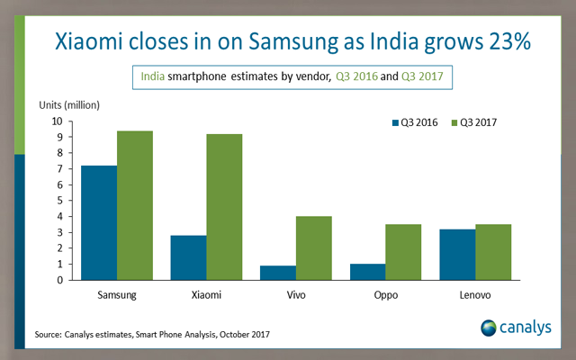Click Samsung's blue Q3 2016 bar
[x=98, y=222]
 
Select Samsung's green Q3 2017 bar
[x=134, y=205]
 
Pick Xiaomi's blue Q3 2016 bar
[x=189, y=257]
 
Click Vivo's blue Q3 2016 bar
[x=279, y=273]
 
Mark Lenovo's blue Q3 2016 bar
[x=458, y=255]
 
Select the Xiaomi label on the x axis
[x=206, y=295]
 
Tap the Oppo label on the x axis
[x=386, y=295]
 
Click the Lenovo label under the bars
[x=475, y=295]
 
